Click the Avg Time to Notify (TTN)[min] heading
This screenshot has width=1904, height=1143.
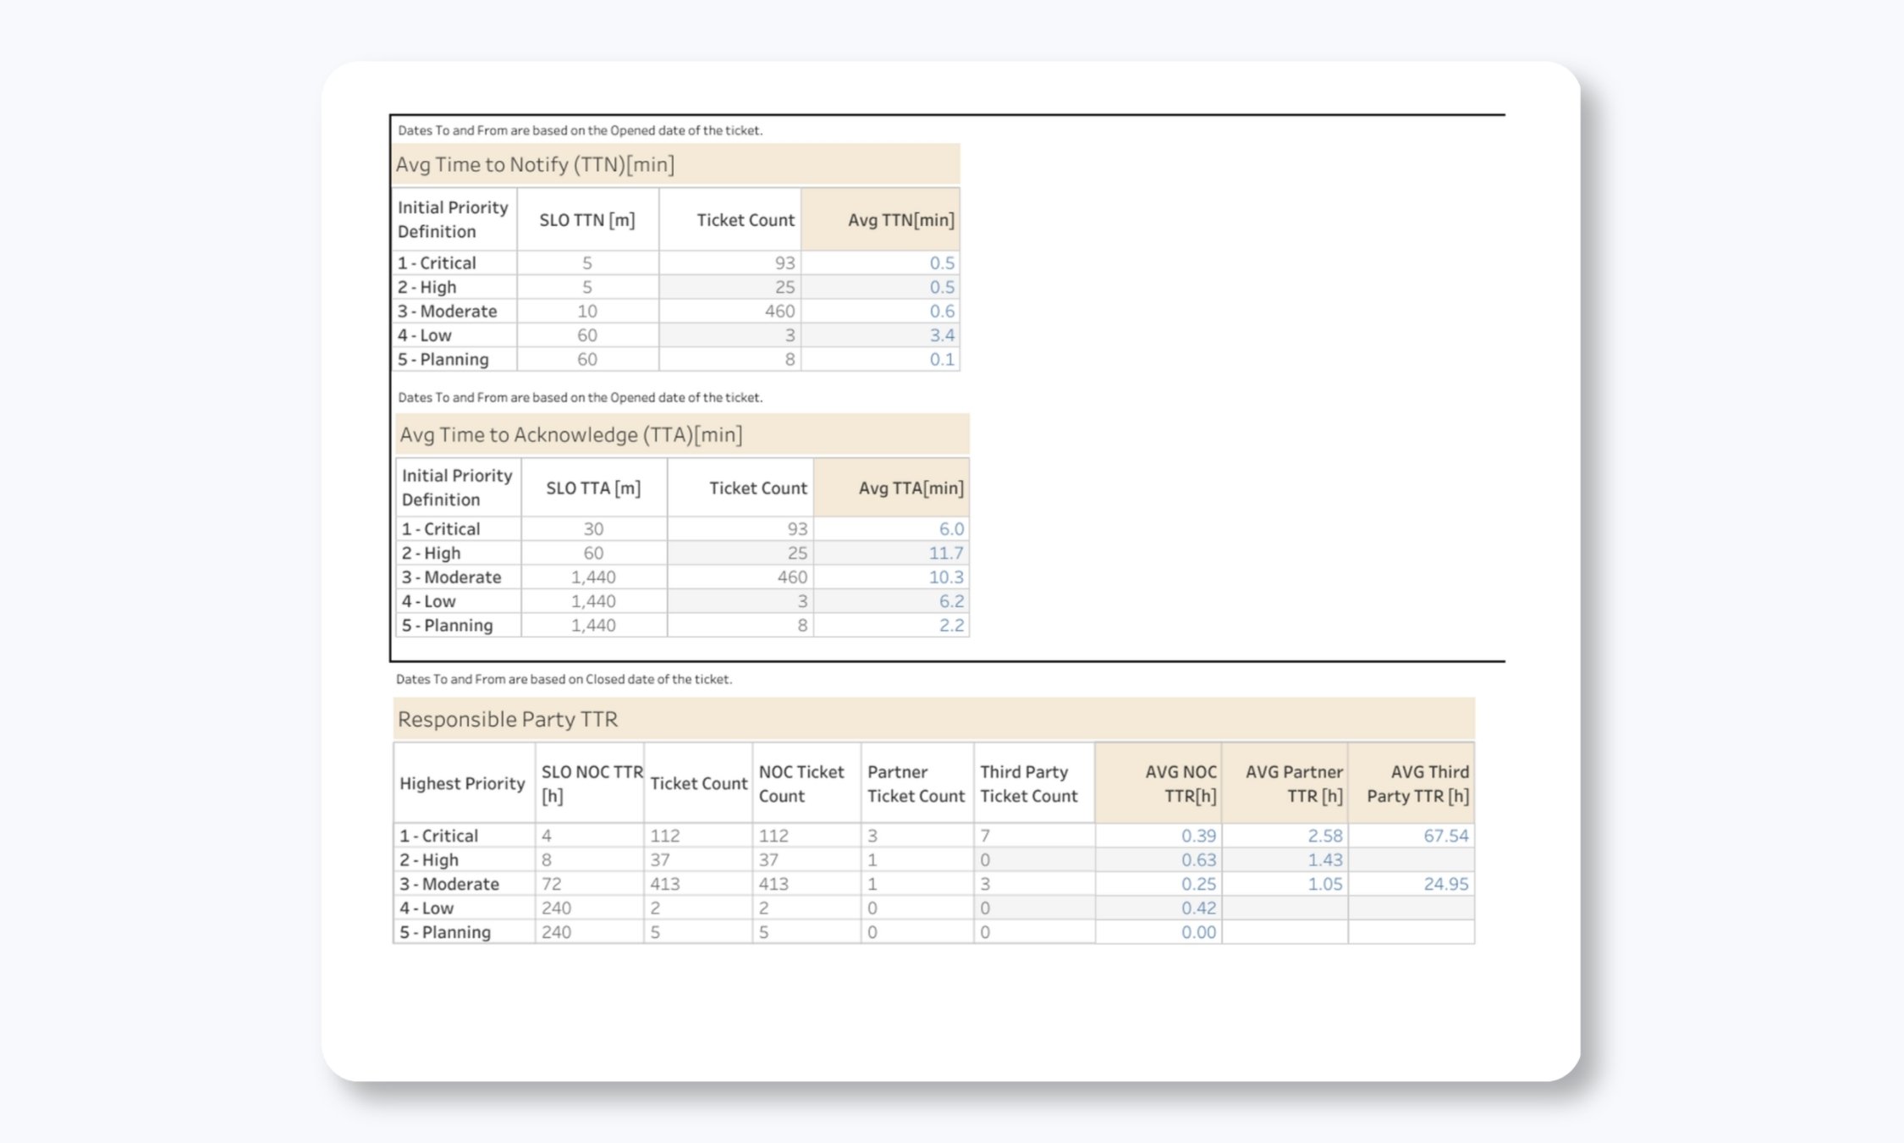(535, 164)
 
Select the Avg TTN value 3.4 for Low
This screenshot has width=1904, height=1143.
(941, 335)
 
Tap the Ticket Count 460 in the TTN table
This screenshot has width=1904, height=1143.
(779, 311)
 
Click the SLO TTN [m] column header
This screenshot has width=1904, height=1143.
(587, 220)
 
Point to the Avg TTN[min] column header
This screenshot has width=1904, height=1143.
(900, 220)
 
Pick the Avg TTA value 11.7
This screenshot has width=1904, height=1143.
(945, 553)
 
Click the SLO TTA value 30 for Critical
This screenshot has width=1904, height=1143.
(593, 529)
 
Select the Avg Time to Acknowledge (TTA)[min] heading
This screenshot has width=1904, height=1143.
(571, 434)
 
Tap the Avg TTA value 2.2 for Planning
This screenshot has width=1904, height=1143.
(950, 626)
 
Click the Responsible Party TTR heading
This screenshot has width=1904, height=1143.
(508, 719)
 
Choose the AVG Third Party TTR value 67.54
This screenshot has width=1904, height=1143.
(1445, 836)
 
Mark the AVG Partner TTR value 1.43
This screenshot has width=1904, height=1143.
(1324, 859)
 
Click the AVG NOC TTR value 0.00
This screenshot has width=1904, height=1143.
(1198, 932)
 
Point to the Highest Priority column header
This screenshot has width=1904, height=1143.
(462, 783)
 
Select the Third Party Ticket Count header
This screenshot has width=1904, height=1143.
(1028, 783)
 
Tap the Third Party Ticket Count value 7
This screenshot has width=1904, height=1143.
(985, 836)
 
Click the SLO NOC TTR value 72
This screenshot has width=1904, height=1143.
(552, 884)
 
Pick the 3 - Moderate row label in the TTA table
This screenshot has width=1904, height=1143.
(451, 577)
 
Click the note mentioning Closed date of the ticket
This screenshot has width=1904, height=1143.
(564, 679)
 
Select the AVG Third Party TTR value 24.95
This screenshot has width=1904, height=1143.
(1445, 884)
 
